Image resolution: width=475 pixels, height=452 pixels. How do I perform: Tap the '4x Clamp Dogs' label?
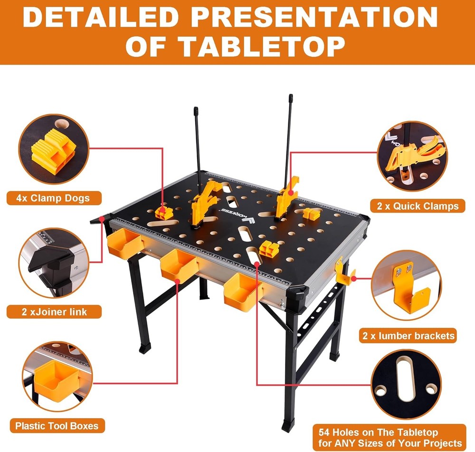pos(48,198)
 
